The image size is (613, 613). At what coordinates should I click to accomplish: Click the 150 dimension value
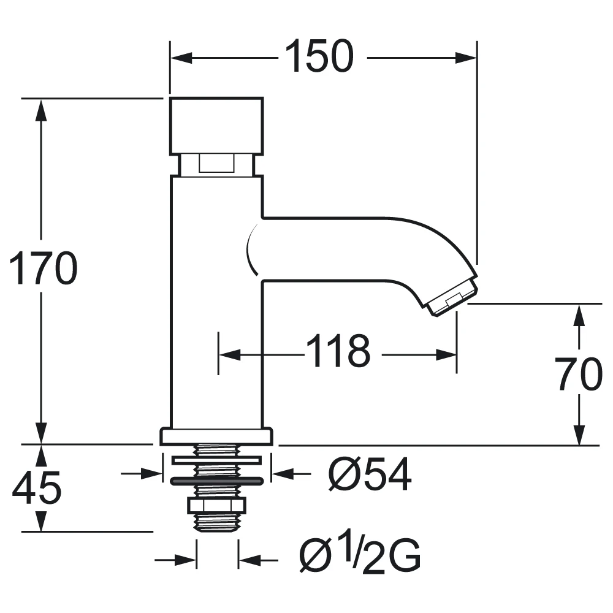click(319, 56)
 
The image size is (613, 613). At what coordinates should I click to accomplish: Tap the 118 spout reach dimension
click(338, 352)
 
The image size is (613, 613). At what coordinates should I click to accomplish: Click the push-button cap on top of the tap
click(216, 125)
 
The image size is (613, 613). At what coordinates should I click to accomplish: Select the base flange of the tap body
click(216, 436)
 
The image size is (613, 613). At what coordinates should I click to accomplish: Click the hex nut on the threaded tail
click(216, 505)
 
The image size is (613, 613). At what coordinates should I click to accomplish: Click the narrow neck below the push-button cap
click(216, 164)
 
